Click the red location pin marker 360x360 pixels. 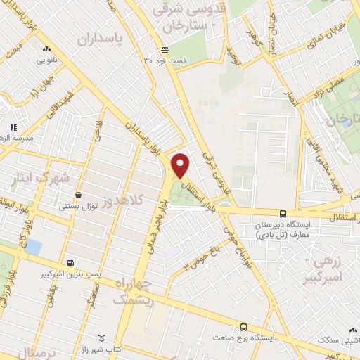point(181,166)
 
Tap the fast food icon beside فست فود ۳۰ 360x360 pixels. point(165,50)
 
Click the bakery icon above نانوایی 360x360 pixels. point(46,49)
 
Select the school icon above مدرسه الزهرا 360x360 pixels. point(12,128)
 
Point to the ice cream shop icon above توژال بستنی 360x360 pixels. point(77,195)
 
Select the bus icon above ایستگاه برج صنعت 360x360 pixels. point(243,327)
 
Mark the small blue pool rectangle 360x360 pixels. point(32,247)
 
